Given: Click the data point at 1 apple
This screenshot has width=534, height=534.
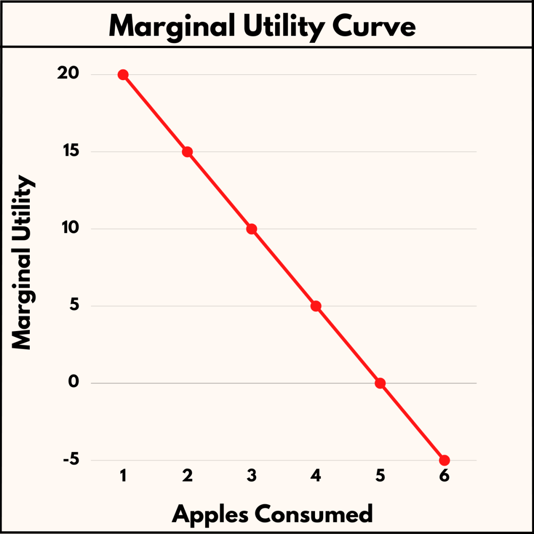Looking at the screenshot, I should tap(123, 75).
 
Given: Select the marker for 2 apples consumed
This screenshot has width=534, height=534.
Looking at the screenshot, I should tap(187, 152).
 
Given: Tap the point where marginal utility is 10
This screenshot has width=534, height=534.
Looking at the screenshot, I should tap(251, 229).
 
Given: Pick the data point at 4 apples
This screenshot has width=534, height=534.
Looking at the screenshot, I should tap(316, 306).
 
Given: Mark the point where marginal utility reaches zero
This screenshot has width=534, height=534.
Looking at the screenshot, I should tap(380, 383).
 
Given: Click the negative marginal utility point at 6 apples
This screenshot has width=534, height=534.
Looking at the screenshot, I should tap(444, 460).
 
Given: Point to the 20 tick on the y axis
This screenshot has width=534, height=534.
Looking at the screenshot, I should tap(68, 73).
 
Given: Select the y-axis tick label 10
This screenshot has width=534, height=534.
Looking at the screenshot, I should tap(70, 228).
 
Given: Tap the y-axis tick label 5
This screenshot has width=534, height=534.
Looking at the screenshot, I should tap(74, 305).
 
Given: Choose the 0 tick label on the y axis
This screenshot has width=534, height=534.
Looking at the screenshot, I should tap(73, 382).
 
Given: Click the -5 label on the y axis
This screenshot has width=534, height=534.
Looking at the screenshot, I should tap(71, 459).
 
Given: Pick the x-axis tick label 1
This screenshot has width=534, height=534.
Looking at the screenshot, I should tap(123, 476).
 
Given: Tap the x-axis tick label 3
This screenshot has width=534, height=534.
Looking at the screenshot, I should tap(251, 476).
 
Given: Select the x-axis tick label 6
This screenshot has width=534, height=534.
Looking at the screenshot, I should tap(444, 476).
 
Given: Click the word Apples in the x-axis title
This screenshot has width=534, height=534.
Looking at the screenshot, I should tap(210, 514).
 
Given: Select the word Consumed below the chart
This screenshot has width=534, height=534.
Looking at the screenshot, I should tap(314, 514).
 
